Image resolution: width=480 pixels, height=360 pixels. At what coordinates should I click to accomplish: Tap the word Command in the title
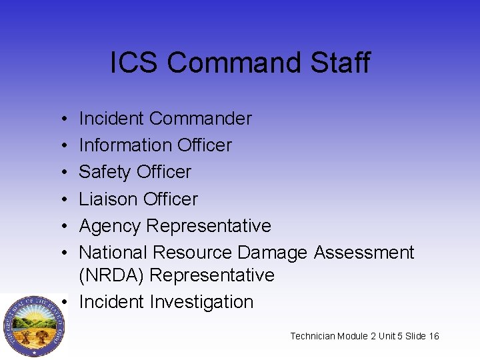tap(236, 63)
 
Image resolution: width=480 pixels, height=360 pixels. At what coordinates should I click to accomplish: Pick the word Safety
tap(104, 172)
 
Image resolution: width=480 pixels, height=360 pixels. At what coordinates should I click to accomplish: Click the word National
tap(113, 253)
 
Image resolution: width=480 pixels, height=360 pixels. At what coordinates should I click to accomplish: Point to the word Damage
tap(272, 253)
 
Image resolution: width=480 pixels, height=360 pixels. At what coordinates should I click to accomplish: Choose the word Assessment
tap(364, 253)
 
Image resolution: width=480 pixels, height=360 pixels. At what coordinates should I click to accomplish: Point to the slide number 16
tap(434, 336)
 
